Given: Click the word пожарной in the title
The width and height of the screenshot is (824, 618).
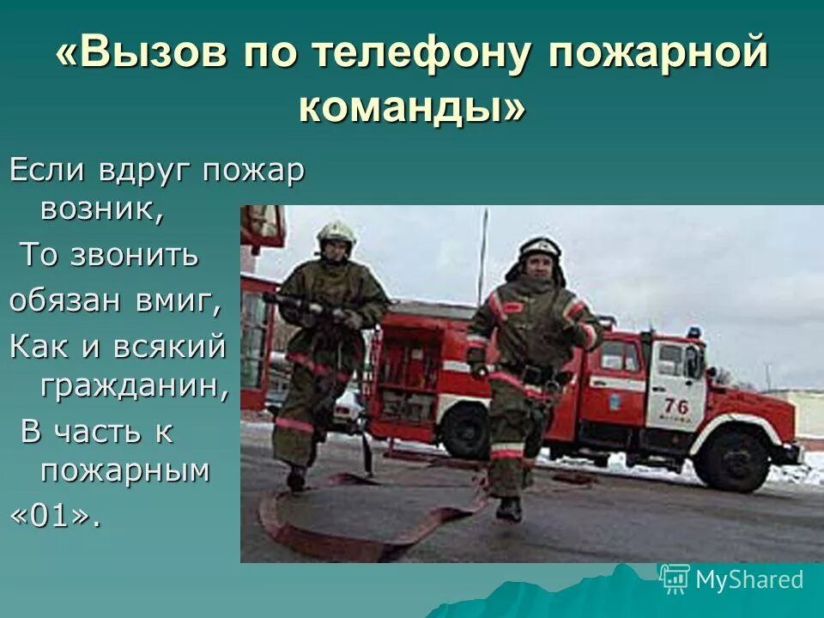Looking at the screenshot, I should (657, 55).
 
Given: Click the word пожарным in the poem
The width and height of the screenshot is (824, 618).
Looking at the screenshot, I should (124, 470).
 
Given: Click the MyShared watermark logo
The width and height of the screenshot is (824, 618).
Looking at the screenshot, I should (731, 580).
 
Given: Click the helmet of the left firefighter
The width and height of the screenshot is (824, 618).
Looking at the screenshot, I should (336, 232).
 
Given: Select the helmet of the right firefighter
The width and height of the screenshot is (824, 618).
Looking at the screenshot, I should (540, 249).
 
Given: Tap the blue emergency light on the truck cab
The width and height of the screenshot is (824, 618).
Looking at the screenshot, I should (693, 331).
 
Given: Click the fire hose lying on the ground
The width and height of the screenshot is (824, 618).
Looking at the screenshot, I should (360, 524).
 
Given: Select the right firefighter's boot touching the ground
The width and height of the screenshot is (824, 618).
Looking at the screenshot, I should (509, 509).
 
